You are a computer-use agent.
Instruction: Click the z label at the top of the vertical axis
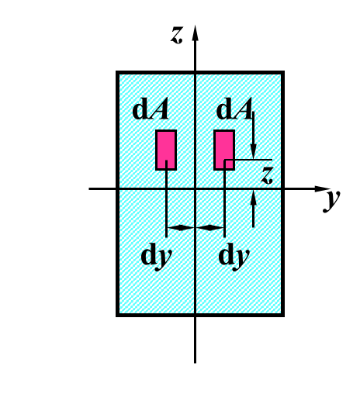(x=176, y=35)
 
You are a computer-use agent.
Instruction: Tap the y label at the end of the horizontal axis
(x=331, y=201)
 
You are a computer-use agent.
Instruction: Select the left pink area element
(x=166, y=150)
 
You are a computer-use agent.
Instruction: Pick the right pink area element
(x=224, y=150)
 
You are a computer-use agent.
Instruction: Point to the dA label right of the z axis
(x=234, y=109)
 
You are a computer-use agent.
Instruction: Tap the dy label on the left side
(x=157, y=257)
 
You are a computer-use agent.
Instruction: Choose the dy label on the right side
(x=234, y=257)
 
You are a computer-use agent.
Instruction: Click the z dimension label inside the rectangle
(x=267, y=175)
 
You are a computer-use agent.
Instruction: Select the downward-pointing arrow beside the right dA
(x=253, y=135)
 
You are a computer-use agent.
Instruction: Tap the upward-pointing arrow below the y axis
(x=253, y=209)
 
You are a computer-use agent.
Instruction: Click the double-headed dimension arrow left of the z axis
(x=181, y=228)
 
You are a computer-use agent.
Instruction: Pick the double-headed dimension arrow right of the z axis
(x=209, y=228)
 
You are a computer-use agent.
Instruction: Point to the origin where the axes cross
(x=195, y=188)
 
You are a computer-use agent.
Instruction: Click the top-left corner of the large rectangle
(x=117, y=72)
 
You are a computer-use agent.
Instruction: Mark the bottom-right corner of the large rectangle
(x=283, y=316)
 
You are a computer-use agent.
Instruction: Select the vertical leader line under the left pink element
(x=166, y=199)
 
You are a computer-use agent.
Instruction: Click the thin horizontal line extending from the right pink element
(x=248, y=160)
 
